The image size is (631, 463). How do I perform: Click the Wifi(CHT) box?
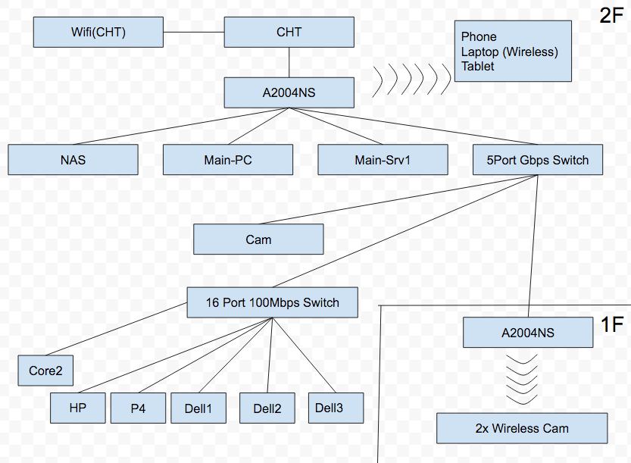point(98,33)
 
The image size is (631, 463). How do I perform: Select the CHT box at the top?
point(289,33)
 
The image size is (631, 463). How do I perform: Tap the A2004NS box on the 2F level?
point(289,92)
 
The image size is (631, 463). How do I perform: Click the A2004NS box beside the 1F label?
point(528,333)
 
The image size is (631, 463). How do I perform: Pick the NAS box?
point(73,160)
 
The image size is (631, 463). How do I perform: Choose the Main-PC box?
point(228,160)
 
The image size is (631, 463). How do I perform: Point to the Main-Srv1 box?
point(383,160)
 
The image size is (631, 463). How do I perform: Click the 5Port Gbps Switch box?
point(538,160)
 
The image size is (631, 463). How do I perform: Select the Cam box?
point(258,239)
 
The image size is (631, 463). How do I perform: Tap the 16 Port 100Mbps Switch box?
point(273,302)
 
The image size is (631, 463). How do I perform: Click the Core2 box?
point(45,371)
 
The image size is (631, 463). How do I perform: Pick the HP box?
point(78,408)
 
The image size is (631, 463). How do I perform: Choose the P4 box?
point(138,408)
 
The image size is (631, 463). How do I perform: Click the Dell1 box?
point(198,408)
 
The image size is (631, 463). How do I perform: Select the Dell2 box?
point(267,408)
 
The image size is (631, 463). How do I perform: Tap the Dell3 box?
point(336,408)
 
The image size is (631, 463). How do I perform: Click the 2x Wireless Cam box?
point(522,428)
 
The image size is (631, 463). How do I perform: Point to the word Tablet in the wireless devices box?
point(478,67)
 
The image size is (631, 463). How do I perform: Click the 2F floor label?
point(611,15)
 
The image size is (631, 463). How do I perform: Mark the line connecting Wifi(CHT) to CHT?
point(194,32)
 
